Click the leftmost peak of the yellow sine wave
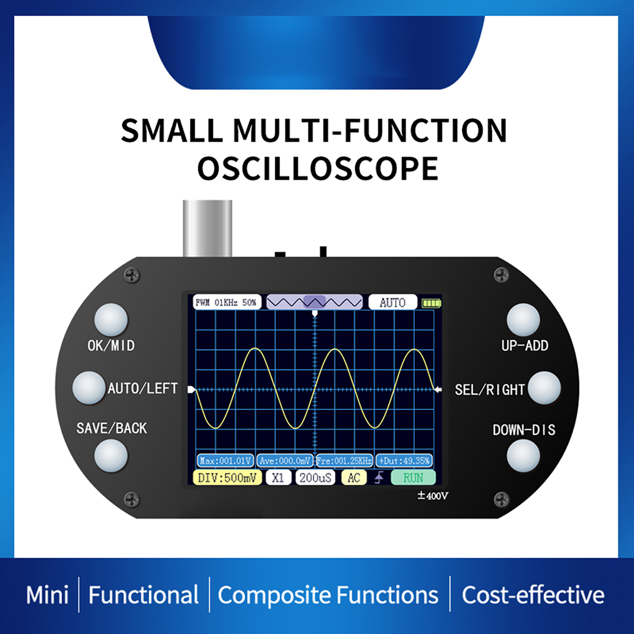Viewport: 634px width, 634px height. pyautogui.click(x=255, y=348)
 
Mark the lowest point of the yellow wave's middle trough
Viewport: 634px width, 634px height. pyautogui.click(x=295, y=428)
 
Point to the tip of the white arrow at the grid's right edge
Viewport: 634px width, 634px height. pyautogui.click(x=434, y=390)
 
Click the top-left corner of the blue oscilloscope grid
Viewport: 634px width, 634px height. pyautogui.click(x=195, y=310)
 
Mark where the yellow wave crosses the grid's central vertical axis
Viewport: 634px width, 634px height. pyautogui.click(x=315, y=390)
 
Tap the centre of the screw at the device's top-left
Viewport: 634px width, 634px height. pyautogui.click(x=132, y=274)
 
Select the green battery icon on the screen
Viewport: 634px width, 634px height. pyautogui.click(x=431, y=303)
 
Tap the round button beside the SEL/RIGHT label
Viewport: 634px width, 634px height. pyautogui.click(x=544, y=388)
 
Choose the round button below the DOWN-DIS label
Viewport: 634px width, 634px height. pyautogui.click(x=523, y=455)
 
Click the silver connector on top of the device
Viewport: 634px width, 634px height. pyautogui.click(x=207, y=228)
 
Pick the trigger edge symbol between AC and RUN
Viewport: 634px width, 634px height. pyautogui.click(x=379, y=478)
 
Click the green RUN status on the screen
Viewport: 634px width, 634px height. pyautogui.click(x=413, y=478)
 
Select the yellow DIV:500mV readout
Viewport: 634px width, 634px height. pyautogui.click(x=227, y=478)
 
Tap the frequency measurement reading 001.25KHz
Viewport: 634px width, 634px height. pyautogui.click(x=344, y=461)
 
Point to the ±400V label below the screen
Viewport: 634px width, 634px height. pyautogui.click(x=432, y=496)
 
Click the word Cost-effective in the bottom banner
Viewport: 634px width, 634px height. pyautogui.click(x=533, y=595)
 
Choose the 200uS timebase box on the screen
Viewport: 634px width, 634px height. pyautogui.click(x=315, y=478)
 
